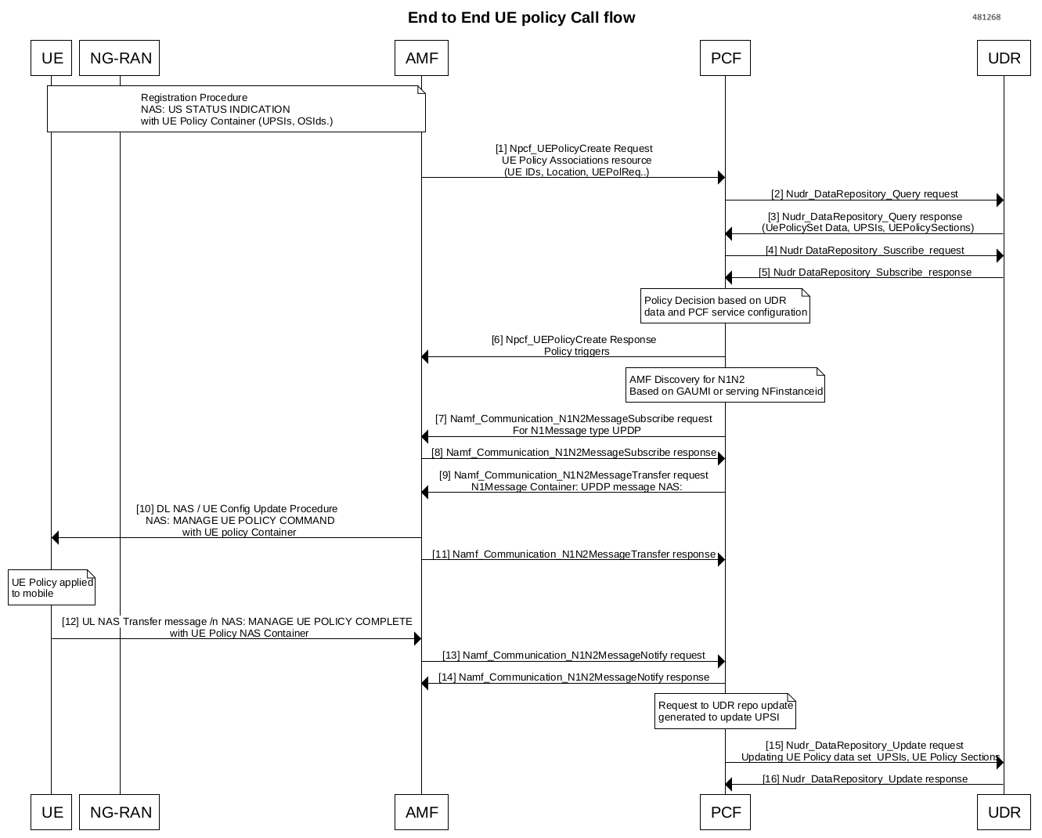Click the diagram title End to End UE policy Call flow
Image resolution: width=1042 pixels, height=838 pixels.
pyautogui.click(x=521, y=17)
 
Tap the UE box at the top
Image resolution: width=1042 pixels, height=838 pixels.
pyautogui.click(x=52, y=58)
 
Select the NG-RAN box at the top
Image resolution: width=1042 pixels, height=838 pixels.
pyautogui.click(x=120, y=58)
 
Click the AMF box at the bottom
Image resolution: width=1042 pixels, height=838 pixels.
pyautogui.click(x=421, y=812)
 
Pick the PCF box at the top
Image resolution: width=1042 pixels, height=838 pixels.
pyautogui.click(x=725, y=58)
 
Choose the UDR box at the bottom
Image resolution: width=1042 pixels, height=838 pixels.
pyautogui.click(x=1004, y=812)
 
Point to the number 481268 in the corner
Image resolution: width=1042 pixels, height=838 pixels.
pyautogui.click(x=986, y=17)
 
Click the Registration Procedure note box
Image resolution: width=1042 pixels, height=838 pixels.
pyautogui.click(x=236, y=109)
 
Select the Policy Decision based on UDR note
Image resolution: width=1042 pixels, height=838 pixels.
pyautogui.click(x=725, y=306)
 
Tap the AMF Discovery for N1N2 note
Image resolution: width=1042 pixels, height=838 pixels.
pyautogui.click(x=725, y=385)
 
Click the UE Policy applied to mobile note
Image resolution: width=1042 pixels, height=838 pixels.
pyautogui.click(x=52, y=587)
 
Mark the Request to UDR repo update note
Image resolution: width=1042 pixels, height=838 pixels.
pyautogui.click(x=725, y=711)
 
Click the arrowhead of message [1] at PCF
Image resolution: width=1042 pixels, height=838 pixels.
pyautogui.click(x=721, y=178)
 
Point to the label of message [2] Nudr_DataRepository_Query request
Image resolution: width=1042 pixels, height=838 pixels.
pyautogui.click(x=864, y=194)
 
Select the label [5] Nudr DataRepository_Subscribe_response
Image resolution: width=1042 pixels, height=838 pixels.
pyautogui.click(x=864, y=273)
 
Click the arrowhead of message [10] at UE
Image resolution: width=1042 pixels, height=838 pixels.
pyautogui.click(x=56, y=537)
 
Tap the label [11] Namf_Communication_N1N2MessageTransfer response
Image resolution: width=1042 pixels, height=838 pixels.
pyautogui.click(x=573, y=554)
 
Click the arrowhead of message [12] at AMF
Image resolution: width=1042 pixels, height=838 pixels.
pyautogui.click(x=417, y=639)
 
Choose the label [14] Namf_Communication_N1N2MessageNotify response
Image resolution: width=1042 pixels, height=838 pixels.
pyautogui.click(x=573, y=677)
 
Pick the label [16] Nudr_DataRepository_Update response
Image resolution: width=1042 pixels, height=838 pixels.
pyautogui.click(x=864, y=779)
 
